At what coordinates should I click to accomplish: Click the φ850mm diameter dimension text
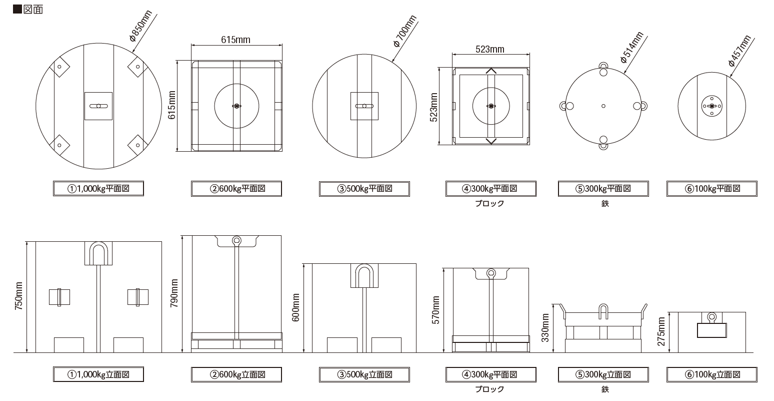tap(140, 26)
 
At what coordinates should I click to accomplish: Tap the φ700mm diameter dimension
tap(405, 31)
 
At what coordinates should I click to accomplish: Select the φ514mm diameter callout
tap(632, 48)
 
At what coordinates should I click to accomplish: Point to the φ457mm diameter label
tap(740, 51)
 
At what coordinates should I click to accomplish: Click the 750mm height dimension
tap(18, 296)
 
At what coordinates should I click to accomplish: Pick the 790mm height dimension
tap(174, 293)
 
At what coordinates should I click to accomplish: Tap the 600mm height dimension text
tap(296, 307)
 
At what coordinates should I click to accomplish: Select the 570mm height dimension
tap(435, 310)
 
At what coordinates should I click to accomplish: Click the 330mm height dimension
tap(545, 328)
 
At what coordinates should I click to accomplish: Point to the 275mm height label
tap(661, 331)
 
